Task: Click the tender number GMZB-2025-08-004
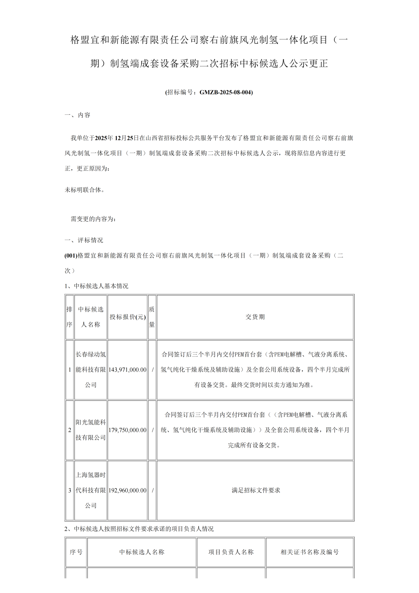coord(226,92)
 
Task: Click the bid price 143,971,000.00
coord(128,370)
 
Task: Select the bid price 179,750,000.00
coord(128,430)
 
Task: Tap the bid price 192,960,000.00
coord(128,490)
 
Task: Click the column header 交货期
coord(255,317)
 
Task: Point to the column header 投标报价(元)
coord(128,317)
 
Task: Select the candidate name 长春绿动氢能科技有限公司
coord(91,370)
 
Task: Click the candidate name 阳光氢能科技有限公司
coord(91,430)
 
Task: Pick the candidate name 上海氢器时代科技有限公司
coord(91,490)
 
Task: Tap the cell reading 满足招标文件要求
coord(256,490)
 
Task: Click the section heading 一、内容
coord(78,115)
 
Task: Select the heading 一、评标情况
coord(84,240)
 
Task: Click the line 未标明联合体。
coord(85,190)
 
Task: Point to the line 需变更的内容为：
coord(93,219)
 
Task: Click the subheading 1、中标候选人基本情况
coord(96,286)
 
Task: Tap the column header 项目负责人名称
coord(231,552)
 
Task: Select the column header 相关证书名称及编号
coord(310,552)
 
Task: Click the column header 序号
coord(76,552)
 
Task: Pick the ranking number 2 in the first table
coord(70,430)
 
